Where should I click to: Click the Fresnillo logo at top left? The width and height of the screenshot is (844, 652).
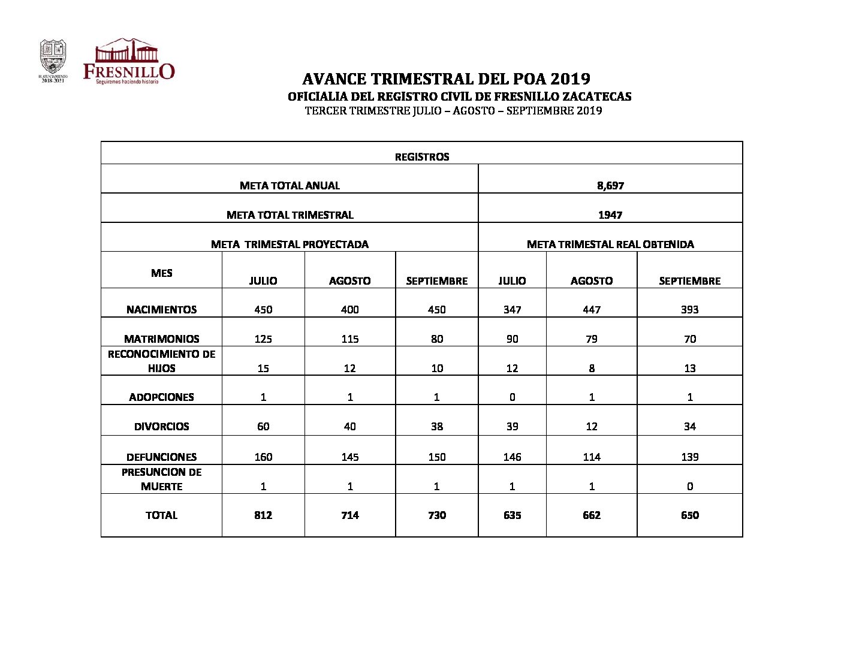(x=128, y=61)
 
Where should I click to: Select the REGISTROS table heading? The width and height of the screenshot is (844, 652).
(x=421, y=157)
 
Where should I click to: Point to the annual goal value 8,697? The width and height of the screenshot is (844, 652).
(x=610, y=186)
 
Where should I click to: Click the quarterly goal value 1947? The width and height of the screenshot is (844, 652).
(x=610, y=215)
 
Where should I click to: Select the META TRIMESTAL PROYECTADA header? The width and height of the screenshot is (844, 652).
(x=290, y=244)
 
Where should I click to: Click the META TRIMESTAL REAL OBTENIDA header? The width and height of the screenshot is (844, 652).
(x=610, y=244)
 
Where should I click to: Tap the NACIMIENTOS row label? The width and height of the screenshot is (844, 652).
(x=161, y=310)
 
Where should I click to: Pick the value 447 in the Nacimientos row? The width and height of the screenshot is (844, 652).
(x=591, y=310)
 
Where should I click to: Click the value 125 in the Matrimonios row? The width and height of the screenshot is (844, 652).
(x=263, y=339)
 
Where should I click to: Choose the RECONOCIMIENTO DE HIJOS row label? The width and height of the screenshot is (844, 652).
(x=161, y=361)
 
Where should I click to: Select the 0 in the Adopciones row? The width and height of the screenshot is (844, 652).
(x=512, y=397)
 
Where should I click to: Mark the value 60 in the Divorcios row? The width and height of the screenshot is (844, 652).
(x=263, y=427)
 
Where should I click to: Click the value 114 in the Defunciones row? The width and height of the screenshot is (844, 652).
(x=591, y=457)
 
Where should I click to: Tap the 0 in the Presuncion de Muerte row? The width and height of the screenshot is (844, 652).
(x=689, y=487)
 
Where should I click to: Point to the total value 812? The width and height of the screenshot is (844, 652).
(x=263, y=515)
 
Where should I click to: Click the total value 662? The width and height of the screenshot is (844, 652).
(x=591, y=515)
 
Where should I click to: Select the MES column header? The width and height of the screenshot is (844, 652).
(x=161, y=273)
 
